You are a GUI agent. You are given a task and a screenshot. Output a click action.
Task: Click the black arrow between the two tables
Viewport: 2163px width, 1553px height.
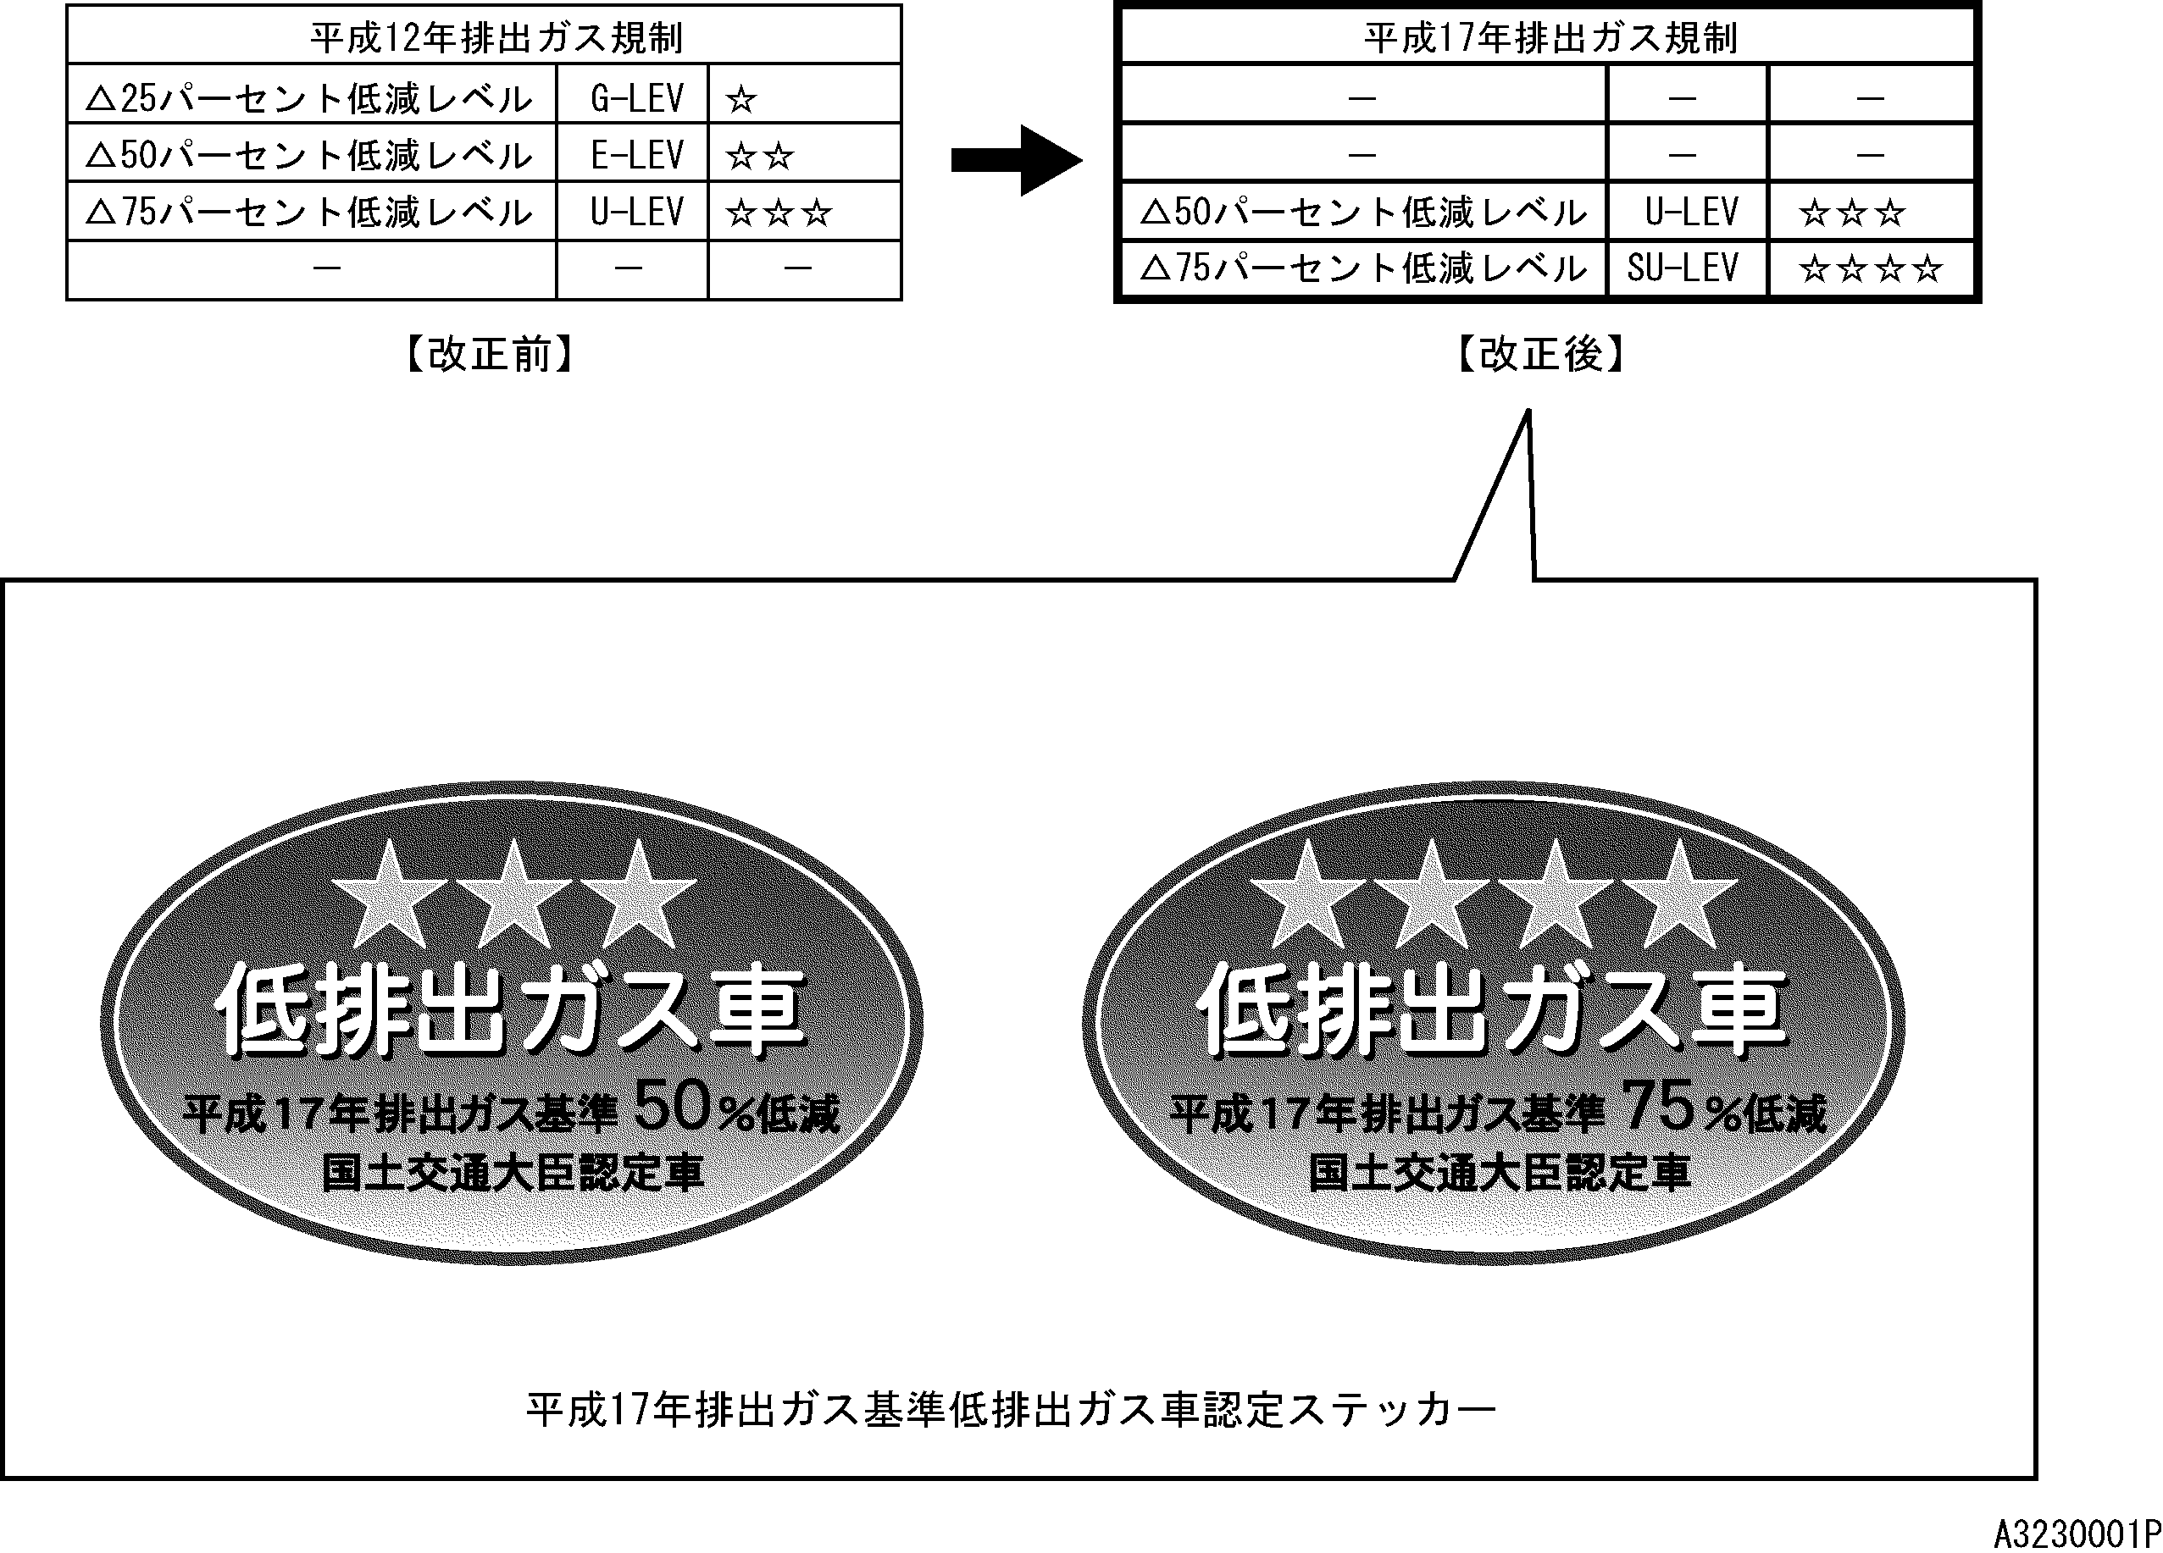(x=1017, y=160)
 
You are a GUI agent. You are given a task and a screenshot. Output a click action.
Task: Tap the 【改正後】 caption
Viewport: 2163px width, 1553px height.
(x=1540, y=354)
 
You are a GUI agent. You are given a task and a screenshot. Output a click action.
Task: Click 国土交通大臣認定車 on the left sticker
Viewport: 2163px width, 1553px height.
(x=512, y=1174)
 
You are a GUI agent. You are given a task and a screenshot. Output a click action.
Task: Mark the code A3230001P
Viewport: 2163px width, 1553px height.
(x=2077, y=1534)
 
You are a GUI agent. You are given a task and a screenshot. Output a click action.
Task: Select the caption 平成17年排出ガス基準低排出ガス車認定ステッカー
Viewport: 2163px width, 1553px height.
(x=1011, y=1410)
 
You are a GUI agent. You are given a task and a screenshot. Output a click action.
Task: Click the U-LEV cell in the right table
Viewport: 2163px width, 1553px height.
(x=1691, y=212)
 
